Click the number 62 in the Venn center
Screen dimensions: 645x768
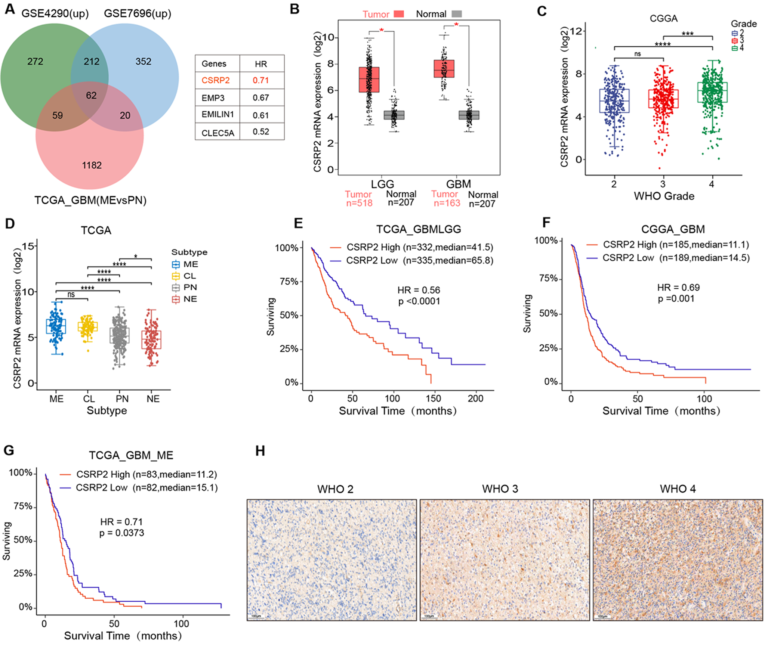coord(91,96)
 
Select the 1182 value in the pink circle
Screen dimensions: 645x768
coord(92,165)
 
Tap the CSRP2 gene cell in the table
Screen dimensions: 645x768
coord(216,80)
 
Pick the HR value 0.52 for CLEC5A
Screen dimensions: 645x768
coord(261,132)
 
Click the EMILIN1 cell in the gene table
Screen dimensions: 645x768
coord(218,115)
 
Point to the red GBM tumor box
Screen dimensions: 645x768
coord(444,68)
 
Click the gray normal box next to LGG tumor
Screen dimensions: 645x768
coord(394,115)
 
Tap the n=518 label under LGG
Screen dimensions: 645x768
coord(359,203)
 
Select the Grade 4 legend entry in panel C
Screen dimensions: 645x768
coord(738,48)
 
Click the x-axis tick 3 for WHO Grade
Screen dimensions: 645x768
coord(663,184)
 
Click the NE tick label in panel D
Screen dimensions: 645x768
coord(153,399)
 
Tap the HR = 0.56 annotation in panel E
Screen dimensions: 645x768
coord(419,290)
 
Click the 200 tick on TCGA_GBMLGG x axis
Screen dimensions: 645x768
coord(475,399)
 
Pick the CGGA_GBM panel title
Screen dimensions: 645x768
coord(673,229)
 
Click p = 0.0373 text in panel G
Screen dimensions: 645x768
coord(122,533)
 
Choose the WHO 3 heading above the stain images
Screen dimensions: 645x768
coord(500,489)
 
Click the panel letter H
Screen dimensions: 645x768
coord(260,451)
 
